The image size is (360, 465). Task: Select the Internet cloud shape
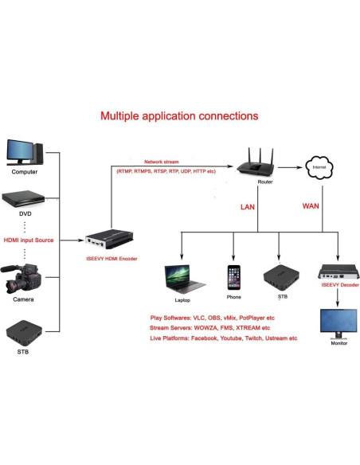(x=320, y=169)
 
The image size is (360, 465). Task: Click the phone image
(x=233, y=279)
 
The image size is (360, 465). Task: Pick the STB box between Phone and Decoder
(x=278, y=276)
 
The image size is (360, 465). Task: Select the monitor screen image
(x=338, y=321)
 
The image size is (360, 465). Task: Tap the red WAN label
(x=311, y=206)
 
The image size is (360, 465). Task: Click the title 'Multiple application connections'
(x=179, y=116)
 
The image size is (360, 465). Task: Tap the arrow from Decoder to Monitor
(x=338, y=296)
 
